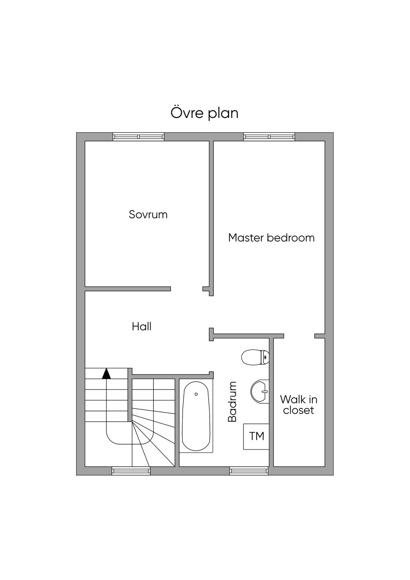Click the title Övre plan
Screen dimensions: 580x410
coord(205,113)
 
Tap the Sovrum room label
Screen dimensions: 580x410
coord(148,215)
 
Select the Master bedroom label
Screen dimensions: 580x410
coord(271,238)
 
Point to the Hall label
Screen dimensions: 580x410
coord(142,327)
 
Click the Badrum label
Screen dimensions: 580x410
coord(232,401)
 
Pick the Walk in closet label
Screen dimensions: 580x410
coord(299,405)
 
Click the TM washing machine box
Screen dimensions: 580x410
coord(257,436)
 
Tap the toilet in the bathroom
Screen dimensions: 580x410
coord(255,357)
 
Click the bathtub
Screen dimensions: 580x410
coord(196,417)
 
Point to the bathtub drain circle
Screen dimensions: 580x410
coord(196,394)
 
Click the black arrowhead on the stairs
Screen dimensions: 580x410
coord(106,374)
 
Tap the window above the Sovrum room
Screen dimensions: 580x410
coord(139,137)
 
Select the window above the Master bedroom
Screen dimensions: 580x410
coord(269,137)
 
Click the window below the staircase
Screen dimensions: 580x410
coord(131,471)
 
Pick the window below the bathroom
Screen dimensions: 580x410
coord(249,471)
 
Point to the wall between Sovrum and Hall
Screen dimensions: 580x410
coord(128,289)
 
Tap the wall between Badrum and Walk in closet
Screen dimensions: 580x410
coord(271,401)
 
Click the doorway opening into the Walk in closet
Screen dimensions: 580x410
coord(299,336)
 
